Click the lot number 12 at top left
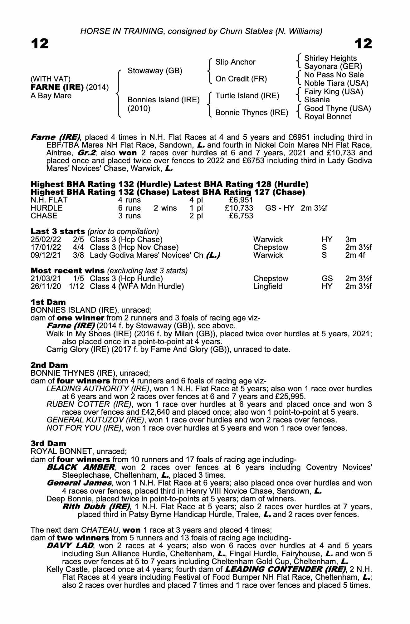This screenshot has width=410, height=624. point(40,44)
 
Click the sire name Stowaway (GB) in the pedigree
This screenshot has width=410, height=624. point(155,71)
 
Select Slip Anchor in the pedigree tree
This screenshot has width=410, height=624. point(235,62)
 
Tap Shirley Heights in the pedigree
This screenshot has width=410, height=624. point(330,58)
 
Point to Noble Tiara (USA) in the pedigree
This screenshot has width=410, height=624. point(336,83)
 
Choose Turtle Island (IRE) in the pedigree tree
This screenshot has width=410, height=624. point(247,96)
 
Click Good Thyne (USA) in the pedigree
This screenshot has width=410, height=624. point(337,109)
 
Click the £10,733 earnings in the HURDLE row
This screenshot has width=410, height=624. point(239,208)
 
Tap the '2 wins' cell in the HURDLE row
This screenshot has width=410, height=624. point(165,208)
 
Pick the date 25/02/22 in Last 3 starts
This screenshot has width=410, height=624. point(46,240)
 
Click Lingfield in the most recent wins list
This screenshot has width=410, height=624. point(268,286)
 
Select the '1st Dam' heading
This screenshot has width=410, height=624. point(48,302)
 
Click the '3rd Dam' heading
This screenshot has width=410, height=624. point(48,443)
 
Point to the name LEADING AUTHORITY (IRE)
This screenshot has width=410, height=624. point(97,389)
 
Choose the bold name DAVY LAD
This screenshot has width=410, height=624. point(70,546)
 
